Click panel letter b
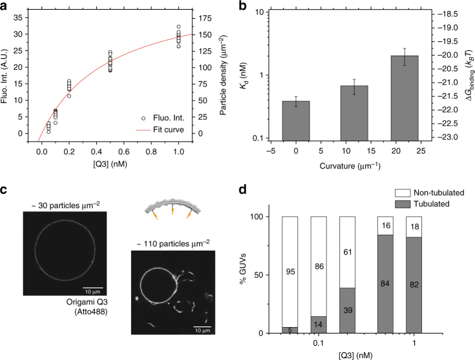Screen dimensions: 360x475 click(x=248, y=6)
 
